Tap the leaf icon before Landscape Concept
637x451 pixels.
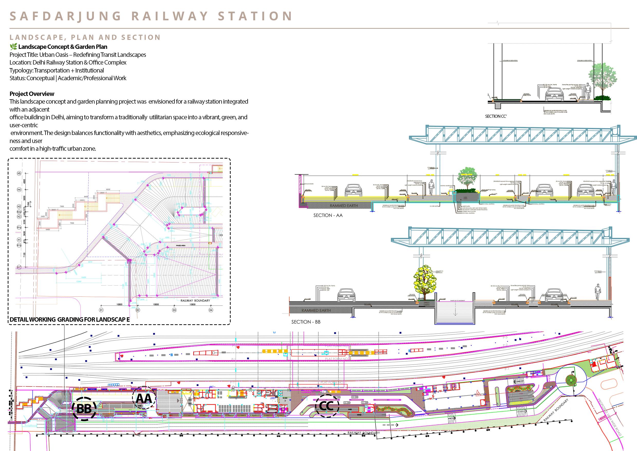click(x=13, y=47)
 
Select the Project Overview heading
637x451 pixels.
click(x=32, y=94)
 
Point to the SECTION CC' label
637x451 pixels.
click(x=496, y=116)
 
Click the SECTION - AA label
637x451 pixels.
click(x=328, y=215)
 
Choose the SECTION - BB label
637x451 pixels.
click(x=306, y=322)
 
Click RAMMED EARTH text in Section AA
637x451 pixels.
click(x=344, y=206)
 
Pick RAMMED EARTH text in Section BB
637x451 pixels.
click(x=316, y=310)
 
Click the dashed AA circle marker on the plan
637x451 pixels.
click(x=144, y=398)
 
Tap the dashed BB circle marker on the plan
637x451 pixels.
click(x=84, y=409)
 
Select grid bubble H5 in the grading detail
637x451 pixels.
click(x=19, y=174)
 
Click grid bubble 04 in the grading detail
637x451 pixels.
click(x=211, y=310)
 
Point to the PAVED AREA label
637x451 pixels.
click(x=180, y=246)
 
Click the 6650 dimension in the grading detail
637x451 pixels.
click(x=108, y=190)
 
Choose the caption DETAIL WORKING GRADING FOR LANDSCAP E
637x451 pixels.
click(x=70, y=319)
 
